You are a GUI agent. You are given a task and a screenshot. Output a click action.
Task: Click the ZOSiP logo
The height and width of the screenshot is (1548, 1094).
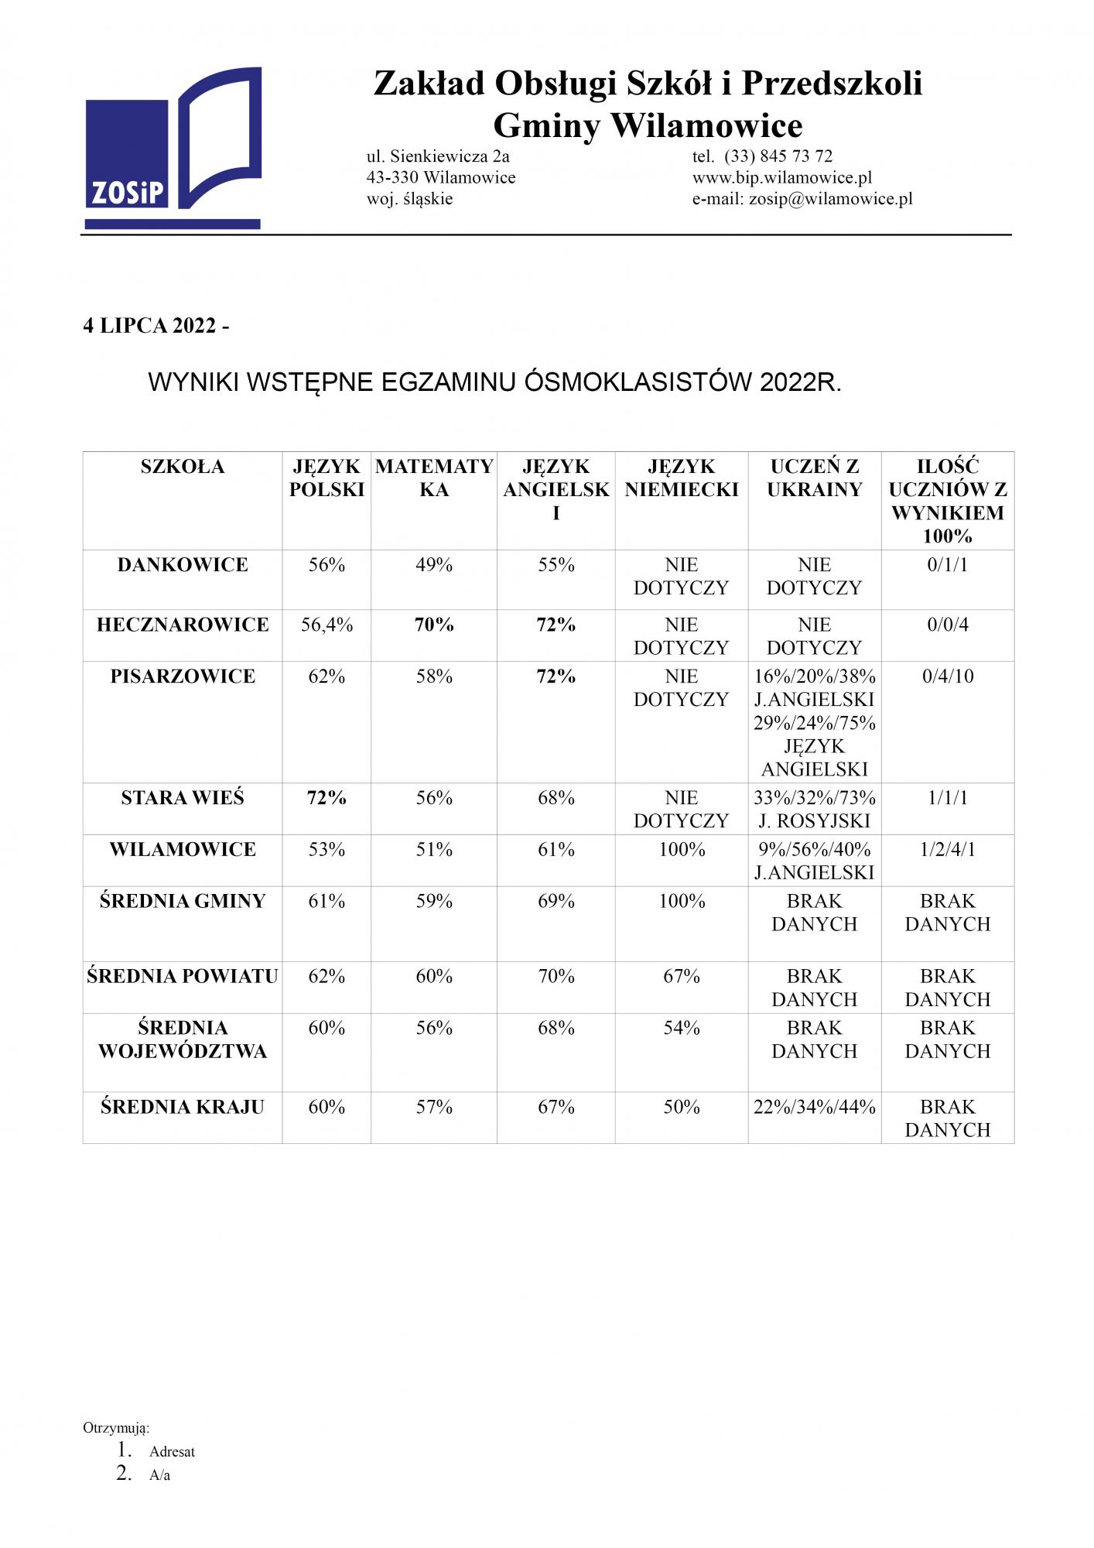172,149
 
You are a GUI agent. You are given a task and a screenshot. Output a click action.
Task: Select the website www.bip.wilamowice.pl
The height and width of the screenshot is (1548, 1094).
781,178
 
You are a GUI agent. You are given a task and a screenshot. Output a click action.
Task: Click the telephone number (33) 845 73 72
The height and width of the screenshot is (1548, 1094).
778,156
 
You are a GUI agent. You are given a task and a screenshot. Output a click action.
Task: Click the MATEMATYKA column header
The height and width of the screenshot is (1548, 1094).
434,478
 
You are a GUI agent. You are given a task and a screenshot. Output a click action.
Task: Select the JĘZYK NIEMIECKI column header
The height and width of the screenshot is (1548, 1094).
682,478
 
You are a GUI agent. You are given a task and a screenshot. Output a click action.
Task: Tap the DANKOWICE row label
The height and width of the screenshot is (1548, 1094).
183,565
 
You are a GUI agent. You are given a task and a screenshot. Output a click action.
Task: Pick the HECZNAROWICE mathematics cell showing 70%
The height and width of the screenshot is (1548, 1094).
434,625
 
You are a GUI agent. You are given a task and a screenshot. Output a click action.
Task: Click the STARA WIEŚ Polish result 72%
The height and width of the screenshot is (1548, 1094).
326,798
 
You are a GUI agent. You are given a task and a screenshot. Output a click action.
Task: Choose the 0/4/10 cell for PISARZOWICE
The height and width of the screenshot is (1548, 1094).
948,676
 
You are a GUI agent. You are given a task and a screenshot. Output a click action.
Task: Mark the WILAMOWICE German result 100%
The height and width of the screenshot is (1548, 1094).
682,850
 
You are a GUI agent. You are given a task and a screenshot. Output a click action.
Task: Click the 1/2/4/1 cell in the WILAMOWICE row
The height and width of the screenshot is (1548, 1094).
948,850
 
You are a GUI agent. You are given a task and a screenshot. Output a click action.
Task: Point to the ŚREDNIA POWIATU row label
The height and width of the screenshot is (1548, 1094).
183,977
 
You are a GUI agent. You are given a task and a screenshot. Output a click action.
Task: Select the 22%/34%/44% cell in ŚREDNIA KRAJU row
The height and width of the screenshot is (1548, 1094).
815,1108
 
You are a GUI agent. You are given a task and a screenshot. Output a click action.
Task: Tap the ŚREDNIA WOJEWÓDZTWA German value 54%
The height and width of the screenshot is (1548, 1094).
682,1029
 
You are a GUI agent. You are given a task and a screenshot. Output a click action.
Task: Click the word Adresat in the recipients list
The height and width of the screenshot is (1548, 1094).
173,1452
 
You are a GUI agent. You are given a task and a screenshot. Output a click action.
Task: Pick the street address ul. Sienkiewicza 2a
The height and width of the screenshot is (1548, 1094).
438,156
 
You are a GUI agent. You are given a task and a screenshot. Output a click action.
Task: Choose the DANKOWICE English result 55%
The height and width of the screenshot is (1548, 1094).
556,565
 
